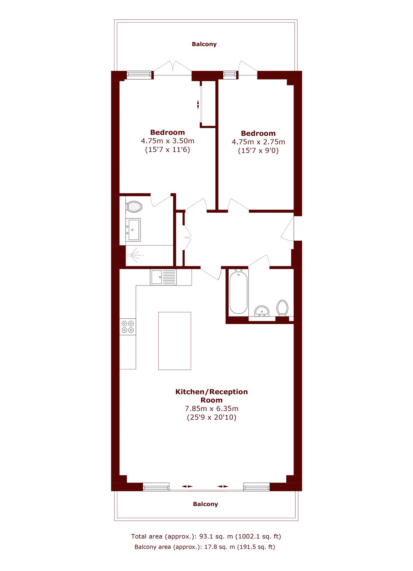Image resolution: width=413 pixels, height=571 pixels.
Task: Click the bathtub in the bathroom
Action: [x=238, y=292]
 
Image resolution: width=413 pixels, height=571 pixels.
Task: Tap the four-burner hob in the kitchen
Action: [x=128, y=327]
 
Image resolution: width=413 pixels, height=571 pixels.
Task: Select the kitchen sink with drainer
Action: [x=163, y=277]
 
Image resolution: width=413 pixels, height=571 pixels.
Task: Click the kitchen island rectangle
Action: [x=174, y=341]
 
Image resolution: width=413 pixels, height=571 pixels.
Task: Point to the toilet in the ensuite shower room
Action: [x=134, y=207]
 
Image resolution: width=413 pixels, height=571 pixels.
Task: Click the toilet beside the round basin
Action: [x=282, y=308]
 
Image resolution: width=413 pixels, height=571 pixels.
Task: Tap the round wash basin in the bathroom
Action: [x=262, y=311]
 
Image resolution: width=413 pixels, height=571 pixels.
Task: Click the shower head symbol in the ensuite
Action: [x=135, y=255]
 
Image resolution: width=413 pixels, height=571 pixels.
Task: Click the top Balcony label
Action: [x=204, y=44]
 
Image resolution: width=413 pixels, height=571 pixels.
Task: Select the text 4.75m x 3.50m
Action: [x=168, y=141]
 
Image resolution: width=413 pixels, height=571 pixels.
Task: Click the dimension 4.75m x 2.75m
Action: [x=258, y=142]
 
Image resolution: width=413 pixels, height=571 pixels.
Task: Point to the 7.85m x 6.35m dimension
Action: [x=211, y=408]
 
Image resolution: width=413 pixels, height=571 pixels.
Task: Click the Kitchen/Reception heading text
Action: [x=211, y=391]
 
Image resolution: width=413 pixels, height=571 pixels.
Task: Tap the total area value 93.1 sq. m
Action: [x=216, y=536]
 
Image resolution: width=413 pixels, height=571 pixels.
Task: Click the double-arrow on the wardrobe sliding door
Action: [x=198, y=105]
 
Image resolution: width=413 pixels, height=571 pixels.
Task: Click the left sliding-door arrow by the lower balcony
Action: [x=188, y=486]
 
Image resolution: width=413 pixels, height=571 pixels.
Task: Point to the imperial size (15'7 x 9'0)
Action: [x=258, y=151]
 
